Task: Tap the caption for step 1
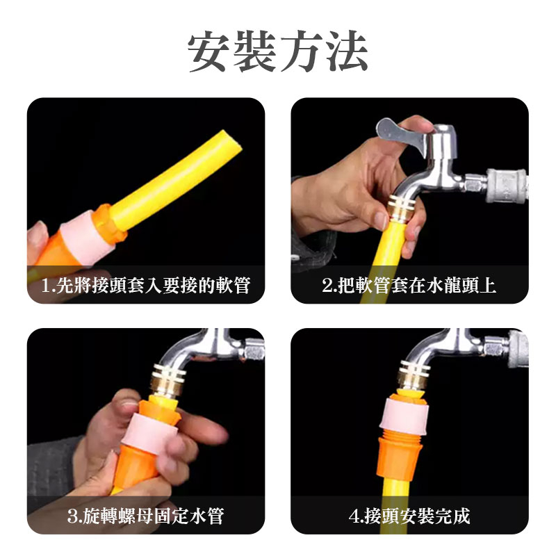(146, 285)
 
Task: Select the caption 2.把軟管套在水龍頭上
(409, 285)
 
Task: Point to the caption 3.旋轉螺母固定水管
(146, 516)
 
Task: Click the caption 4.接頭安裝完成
(409, 516)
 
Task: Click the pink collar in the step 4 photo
(404, 415)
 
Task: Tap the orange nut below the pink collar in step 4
(400, 457)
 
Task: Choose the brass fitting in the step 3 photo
(168, 379)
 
